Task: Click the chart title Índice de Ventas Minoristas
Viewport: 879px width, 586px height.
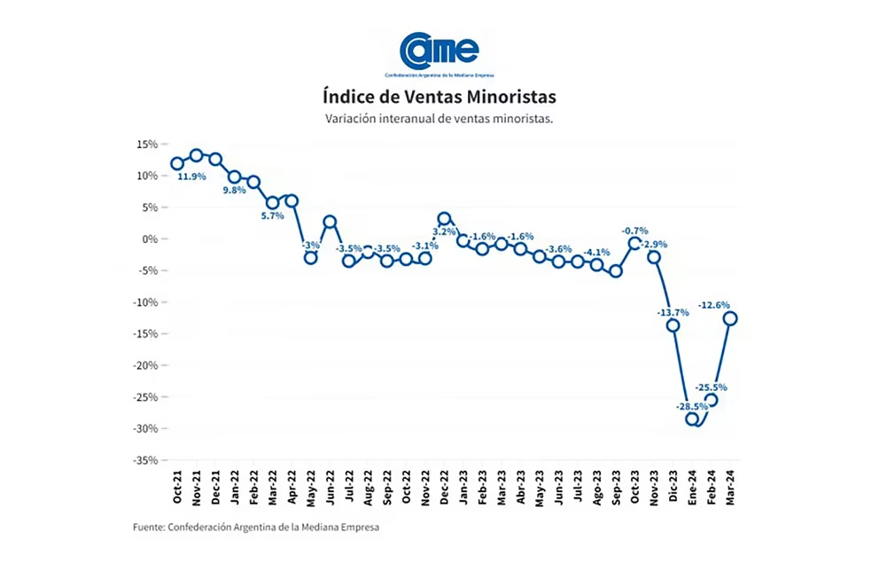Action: (439, 96)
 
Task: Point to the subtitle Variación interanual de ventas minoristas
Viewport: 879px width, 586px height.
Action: (439, 119)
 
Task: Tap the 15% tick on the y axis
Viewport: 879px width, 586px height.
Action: (146, 144)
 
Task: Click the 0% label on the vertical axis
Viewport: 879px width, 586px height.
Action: (150, 238)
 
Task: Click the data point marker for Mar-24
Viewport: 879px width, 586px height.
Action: (731, 319)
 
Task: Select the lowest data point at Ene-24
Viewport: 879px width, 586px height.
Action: (692, 419)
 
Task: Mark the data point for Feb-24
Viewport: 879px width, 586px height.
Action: (712, 400)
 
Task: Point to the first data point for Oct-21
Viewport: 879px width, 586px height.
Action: (177, 163)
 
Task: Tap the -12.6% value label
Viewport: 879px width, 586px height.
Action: (714, 305)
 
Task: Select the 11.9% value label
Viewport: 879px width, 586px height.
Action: (192, 177)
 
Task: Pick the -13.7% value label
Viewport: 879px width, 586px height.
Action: (673, 312)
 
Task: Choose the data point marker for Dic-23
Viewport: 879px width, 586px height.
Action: (673, 325)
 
